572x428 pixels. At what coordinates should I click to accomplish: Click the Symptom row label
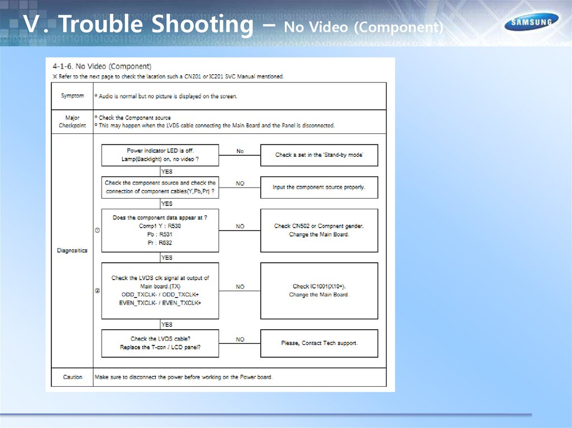(73, 96)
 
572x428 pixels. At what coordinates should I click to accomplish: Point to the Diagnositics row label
(73, 251)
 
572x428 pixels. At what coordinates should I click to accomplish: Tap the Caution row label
(73, 377)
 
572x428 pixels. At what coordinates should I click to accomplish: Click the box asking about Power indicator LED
(160, 155)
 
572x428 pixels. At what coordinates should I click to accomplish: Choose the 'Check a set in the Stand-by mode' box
(319, 155)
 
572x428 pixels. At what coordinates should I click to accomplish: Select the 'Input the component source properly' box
(319, 187)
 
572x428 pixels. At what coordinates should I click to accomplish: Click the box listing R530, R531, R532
(160, 230)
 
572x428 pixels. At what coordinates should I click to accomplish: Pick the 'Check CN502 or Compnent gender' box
(319, 230)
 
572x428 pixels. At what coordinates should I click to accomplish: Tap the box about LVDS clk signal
(160, 290)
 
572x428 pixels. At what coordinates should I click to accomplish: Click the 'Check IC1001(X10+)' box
(319, 290)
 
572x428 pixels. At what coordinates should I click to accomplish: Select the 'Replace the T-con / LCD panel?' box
(160, 343)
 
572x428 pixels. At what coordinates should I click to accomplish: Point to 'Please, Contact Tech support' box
(319, 343)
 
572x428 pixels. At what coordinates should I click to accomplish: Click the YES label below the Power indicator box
(166, 172)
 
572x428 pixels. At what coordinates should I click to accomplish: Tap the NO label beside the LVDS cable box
(240, 339)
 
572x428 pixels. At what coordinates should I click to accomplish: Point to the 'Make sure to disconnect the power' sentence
(184, 377)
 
